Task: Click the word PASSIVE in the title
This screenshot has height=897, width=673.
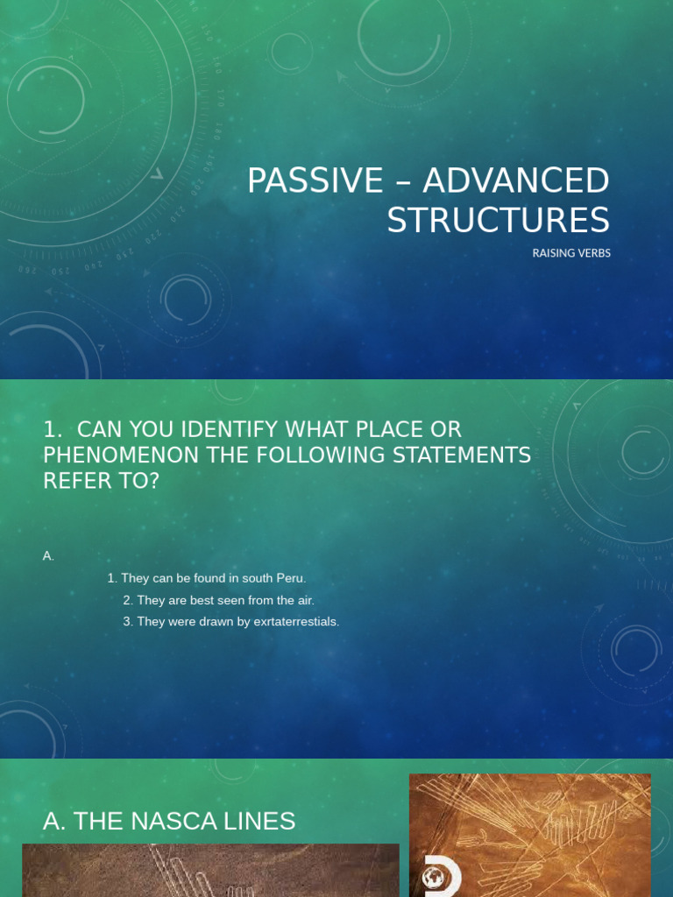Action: click(x=315, y=181)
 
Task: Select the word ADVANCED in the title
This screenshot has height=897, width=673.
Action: click(x=515, y=181)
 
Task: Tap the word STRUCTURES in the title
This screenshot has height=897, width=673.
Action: click(x=498, y=220)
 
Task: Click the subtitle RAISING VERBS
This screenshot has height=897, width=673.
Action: click(x=570, y=253)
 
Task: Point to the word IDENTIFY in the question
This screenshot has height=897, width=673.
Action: click(x=223, y=430)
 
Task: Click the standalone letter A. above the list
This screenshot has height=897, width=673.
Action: click(x=48, y=555)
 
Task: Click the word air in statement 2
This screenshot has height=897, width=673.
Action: click(x=303, y=600)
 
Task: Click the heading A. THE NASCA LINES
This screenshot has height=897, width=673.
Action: click(x=169, y=821)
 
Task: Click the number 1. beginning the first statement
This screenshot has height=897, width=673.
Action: click(x=112, y=578)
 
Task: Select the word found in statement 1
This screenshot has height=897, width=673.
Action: click(x=207, y=578)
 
